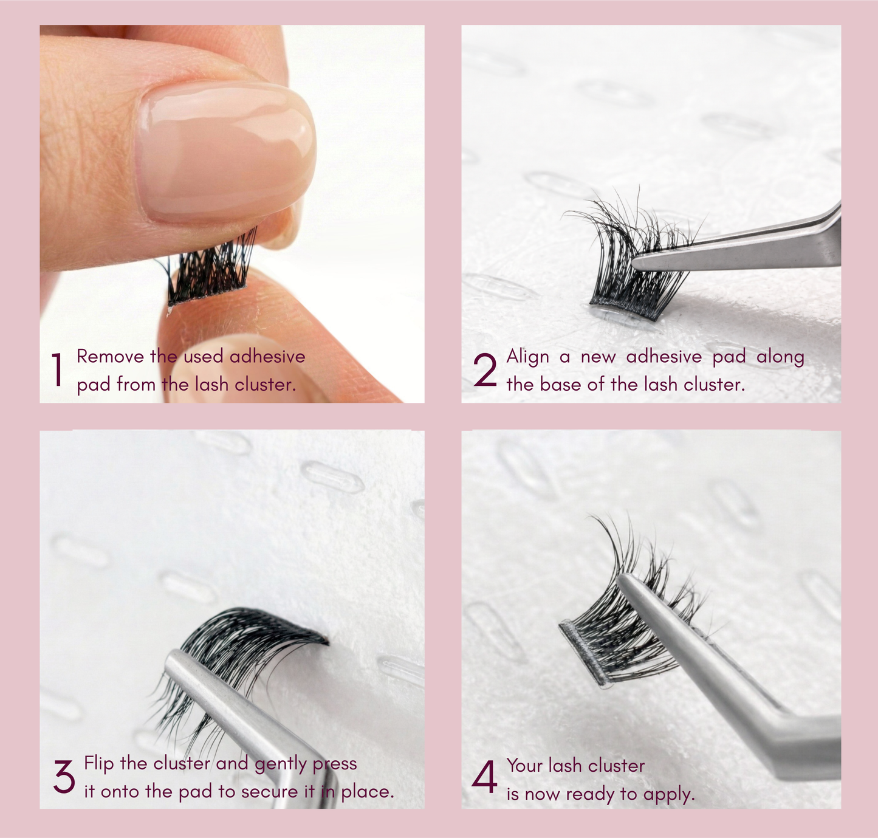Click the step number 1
(x=57, y=369)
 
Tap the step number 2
(x=485, y=370)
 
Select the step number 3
(x=64, y=777)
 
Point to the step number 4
(x=484, y=778)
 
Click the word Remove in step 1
(x=110, y=356)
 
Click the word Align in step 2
(x=527, y=357)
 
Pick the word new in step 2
(x=598, y=357)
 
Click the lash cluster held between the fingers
(x=210, y=270)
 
